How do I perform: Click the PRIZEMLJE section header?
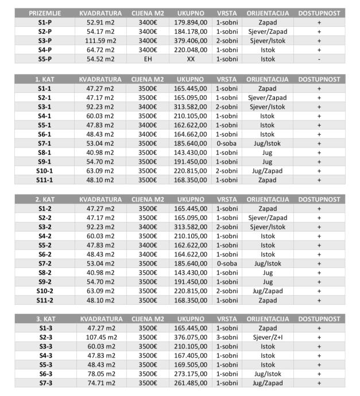tap(45, 13)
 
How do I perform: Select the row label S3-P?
tap(45, 41)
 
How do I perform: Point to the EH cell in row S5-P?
tap(148, 59)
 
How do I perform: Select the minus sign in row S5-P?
tap(319, 59)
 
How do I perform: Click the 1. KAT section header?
tap(45, 79)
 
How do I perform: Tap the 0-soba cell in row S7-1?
tap(226, 143)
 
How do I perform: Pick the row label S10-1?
tap(45, 171)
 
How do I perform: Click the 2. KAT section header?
tap(45, 199)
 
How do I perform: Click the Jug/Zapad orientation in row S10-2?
tap(268, 291)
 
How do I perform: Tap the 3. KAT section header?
tap(45, 319)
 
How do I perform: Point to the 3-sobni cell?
tap(226, 337)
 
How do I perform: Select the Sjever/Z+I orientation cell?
tap(268, 337)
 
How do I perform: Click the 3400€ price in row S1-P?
tap(148, 22)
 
